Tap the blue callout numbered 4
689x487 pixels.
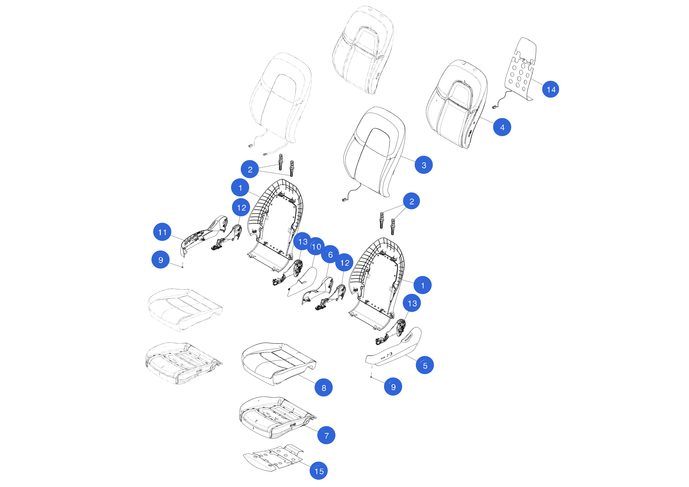(x=502, y=127)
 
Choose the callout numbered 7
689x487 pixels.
(x=326, y=435)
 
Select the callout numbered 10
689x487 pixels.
(x=316, y=246)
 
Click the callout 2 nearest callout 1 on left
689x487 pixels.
(x=250, y=169)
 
